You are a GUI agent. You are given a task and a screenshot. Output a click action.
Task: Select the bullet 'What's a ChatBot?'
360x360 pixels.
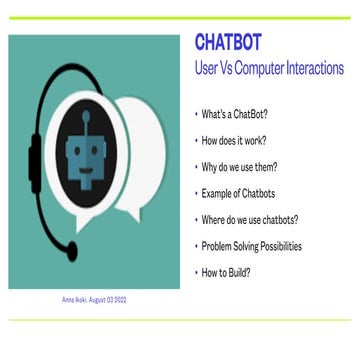tap(224, 117)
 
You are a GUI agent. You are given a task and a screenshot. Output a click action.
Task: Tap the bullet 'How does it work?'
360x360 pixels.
tap(224, 142)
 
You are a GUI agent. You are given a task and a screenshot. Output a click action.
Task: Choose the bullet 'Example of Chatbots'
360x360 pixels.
tap(229, 193)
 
